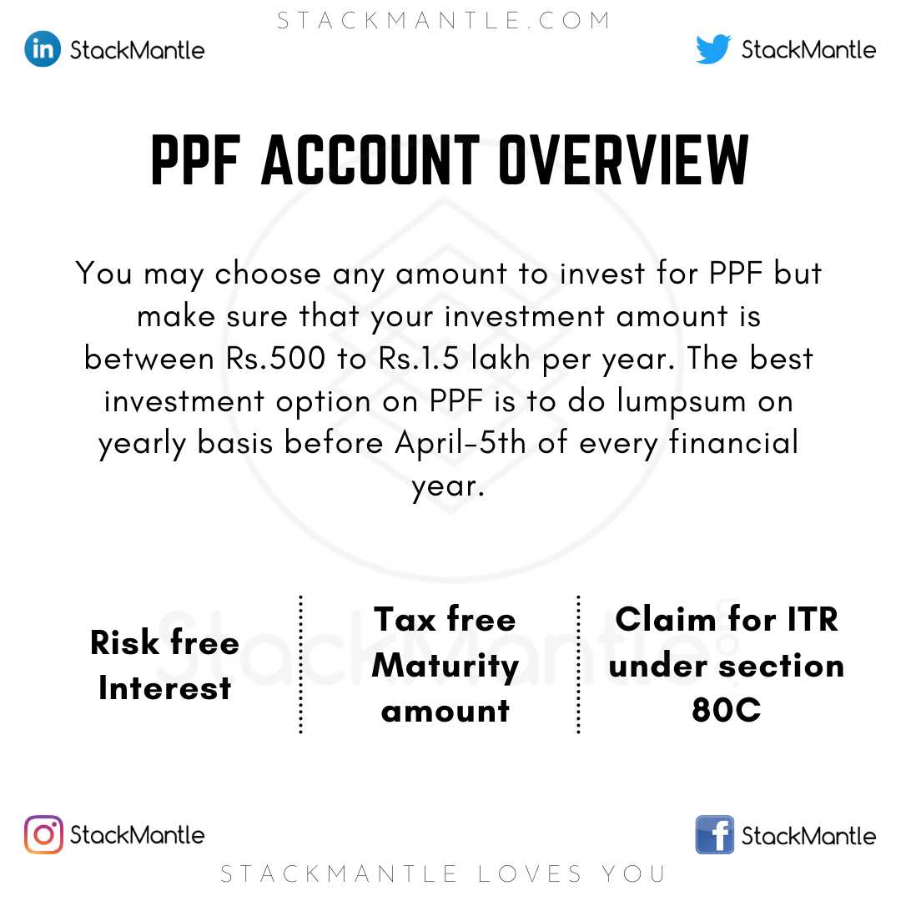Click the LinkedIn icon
[x=43, y=49]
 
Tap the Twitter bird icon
[x=713, y=48]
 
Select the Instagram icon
[x=43, y=834]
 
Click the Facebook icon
[x=714, y=834]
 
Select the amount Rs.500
[x=276, y=358]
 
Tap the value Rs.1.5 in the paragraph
[x=419, y=358]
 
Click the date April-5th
[x=461, y=442]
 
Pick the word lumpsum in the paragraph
[x=682, y=400]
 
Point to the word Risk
[x=124, y=642]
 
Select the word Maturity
[x=445, y=667]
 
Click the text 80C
[x=727, y=710]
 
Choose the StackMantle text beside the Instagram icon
[x=138, y=835]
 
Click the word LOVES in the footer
[x=531, y=874]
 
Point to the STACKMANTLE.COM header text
[x=444, y=21]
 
